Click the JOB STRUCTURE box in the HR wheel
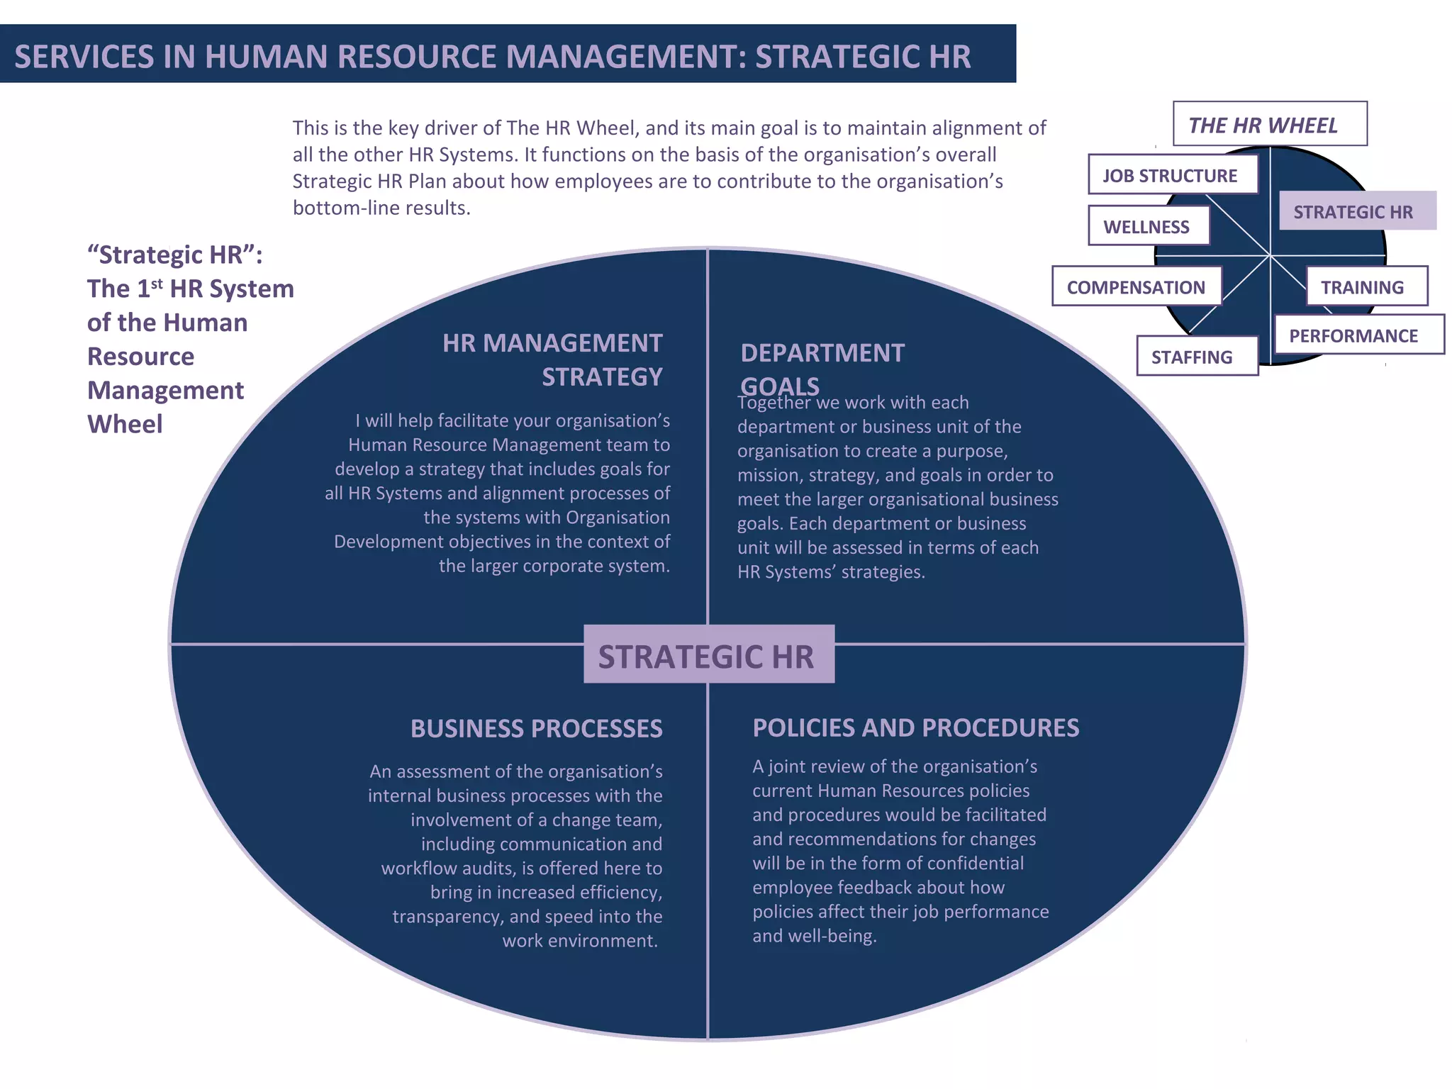point(1173,175)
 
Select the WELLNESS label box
point(1149,226)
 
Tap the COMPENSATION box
point(1137,286)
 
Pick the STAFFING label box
point(1197,356)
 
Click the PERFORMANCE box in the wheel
point(1358,335)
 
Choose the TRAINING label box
point(1366,286)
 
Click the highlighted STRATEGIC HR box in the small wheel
point(1357,211)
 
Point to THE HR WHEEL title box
point(1269,125)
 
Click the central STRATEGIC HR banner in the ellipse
point(708,655)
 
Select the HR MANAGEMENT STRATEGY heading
point(553,359)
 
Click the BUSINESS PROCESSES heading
point(537,728)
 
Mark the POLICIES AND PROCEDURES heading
point(915,727)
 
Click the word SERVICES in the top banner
point(84,57)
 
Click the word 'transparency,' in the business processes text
point(448,916)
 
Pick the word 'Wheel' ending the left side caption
point(125,424)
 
